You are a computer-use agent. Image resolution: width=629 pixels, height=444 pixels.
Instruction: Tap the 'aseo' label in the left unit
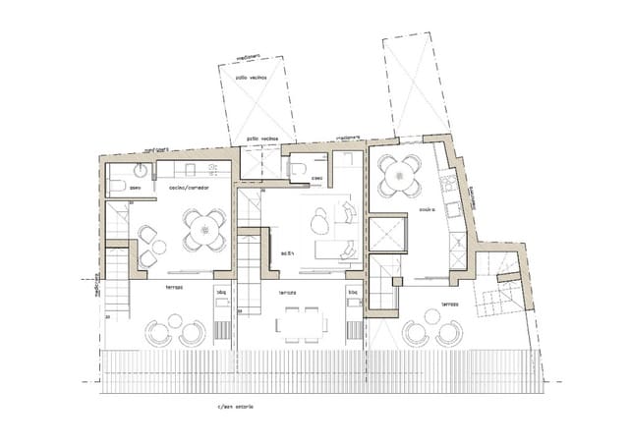[x=135, y=186]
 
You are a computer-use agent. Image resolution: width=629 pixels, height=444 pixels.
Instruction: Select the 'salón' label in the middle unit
[x=288, y=252]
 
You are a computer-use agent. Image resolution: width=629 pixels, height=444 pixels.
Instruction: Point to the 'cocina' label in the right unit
[x=428, y=209]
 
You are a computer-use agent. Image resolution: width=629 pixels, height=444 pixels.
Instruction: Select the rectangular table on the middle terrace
[x=299, y=322]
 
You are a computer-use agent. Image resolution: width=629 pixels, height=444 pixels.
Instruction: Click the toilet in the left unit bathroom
[x=116, y=187]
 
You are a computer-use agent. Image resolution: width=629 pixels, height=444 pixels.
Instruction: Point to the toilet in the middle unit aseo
[x=298, y=169]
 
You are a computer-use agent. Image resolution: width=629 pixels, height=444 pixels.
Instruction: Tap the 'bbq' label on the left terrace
[x=222, y=292]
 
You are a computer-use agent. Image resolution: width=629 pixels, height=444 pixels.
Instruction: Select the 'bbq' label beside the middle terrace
[x=353, y=292]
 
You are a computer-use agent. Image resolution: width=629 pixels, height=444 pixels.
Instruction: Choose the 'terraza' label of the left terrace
[x=174, y=287]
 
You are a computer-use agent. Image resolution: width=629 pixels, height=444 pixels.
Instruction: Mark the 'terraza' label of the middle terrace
[x=287, y=293]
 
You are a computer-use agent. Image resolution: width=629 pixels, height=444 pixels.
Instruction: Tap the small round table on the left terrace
[x=175, y=321]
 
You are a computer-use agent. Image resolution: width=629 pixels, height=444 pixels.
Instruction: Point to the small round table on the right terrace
[x=431, y=316]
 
